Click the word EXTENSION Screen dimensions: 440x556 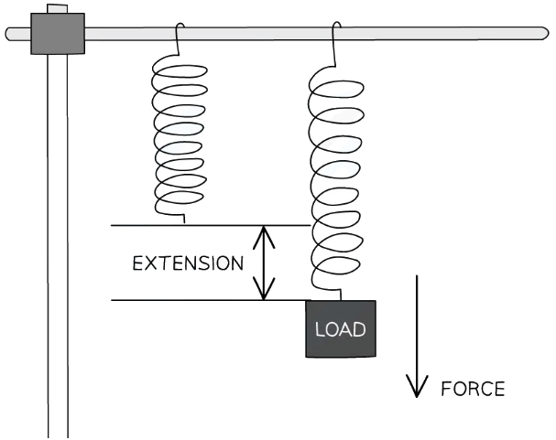click(x=188, y=263)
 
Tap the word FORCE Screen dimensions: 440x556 click(x=473, y=388)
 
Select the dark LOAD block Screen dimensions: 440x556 click(x=341, y=328)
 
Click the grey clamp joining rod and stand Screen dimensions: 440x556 click(x=57, y=34)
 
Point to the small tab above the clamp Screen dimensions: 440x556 click(x=57, y=9)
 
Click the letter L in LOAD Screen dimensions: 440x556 click(x=320, y=328)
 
